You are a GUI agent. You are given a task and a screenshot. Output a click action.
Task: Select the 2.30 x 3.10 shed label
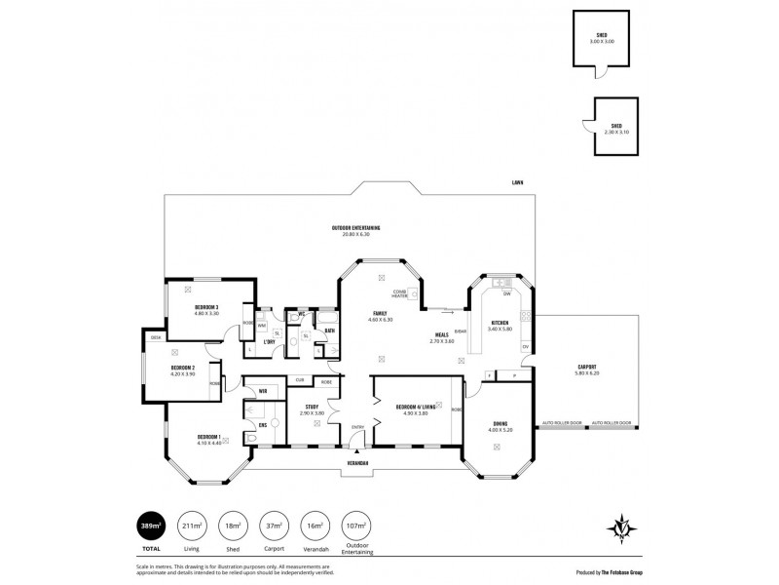pyautogui.click(x=615, y=127)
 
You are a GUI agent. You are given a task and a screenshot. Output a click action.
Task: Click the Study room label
pyautogui.click(x=312, y=409)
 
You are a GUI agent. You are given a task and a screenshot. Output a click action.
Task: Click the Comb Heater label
pyautogui.click(x=400, y=292)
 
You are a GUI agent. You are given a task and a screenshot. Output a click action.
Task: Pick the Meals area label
pyautogui.click(x=441, y=337)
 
